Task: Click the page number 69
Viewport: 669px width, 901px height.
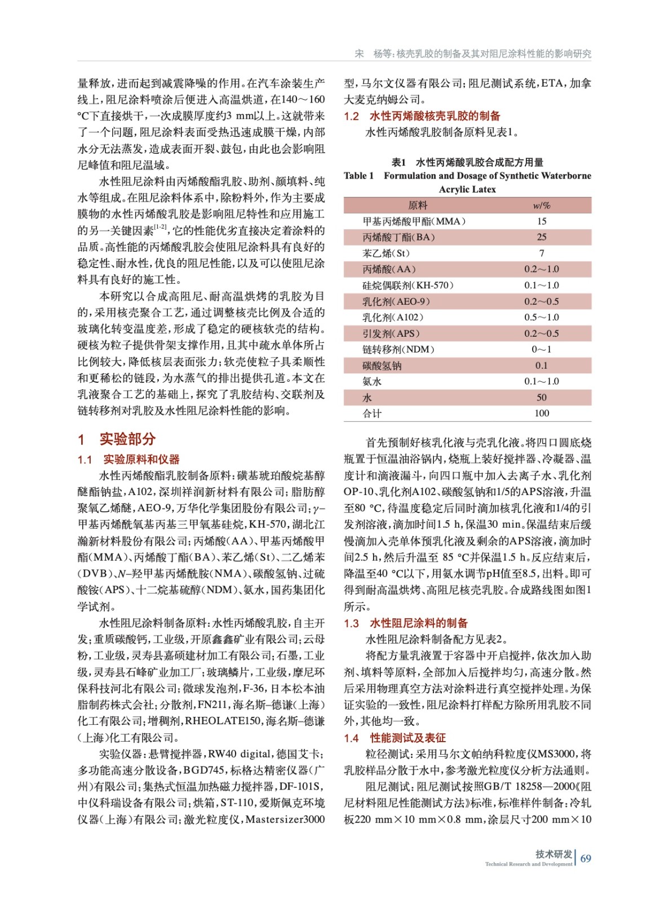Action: coord(586,858)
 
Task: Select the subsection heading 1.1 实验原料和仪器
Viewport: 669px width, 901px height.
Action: coord(129,460)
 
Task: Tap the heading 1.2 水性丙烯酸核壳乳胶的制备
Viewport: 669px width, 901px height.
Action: coord(422,116)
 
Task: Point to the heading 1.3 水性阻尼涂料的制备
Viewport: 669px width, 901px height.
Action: coord(406,623)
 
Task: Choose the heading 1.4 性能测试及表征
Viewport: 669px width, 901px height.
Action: coord(395,738)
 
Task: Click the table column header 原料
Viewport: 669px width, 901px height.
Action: coord(418,206)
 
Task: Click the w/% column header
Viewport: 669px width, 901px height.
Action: coord(541,206)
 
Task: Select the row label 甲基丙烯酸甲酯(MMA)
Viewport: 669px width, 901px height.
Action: coord(414,221)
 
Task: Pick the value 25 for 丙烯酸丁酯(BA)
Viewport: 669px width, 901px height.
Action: coord(541,237)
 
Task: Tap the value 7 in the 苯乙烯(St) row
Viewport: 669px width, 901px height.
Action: coord(541,253)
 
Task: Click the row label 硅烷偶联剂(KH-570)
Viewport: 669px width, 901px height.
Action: coord(407,286)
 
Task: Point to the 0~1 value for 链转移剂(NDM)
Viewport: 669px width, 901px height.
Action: coord(541,349)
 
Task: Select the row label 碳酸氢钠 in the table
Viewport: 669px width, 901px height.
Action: coord(382,365)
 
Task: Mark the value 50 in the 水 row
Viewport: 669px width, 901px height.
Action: coord(541,398)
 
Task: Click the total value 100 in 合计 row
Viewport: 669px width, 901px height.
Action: coord(541,413)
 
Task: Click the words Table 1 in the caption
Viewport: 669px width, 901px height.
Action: coord(358,176)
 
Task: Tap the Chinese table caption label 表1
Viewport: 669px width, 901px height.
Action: coord(398,162)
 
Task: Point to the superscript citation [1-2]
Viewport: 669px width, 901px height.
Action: coord(160,227)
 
